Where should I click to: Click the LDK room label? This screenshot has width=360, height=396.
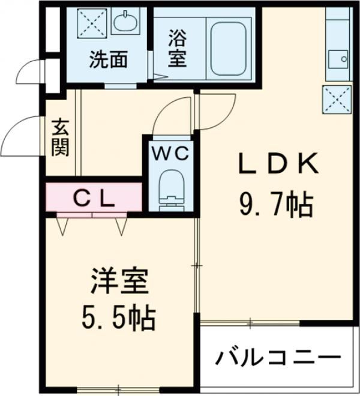pyautogui.click(x=278, y=163)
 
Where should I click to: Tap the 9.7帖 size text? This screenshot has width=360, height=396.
pyautogui.click(x=277, y=204)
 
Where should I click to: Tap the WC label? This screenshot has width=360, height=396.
pyautogui.click(x=171, y=153)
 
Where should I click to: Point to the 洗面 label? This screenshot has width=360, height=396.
pyautogui.click(x=109, y=59)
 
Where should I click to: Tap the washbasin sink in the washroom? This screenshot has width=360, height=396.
pyautogui.click(x=125, y=21)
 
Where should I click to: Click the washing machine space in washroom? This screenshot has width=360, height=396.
pyautogui.click(x=92, y=24)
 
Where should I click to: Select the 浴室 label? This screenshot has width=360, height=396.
pyautogui.click(x=178, y=48)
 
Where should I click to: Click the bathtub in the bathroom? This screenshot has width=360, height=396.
pyautogui.click(x=229, y=49)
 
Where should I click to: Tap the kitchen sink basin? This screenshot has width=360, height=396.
pyautogui.click(x=338, y=59)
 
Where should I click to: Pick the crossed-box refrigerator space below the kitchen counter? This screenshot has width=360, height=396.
pyautogui.click(x=337, y=100)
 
